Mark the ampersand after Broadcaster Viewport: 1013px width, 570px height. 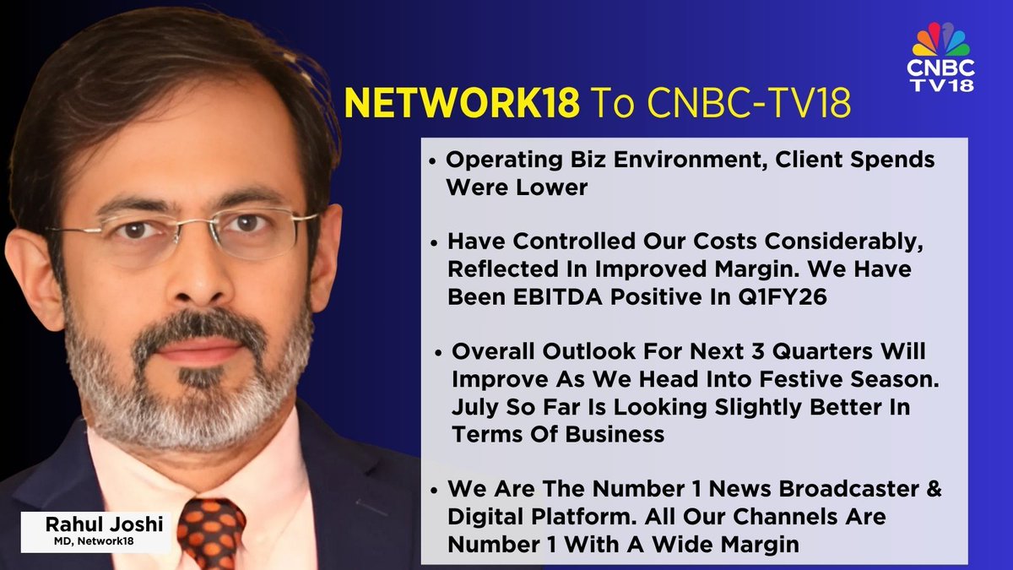click(x=931, y=489)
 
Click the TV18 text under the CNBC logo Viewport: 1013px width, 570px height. click(x=941, y=84)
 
